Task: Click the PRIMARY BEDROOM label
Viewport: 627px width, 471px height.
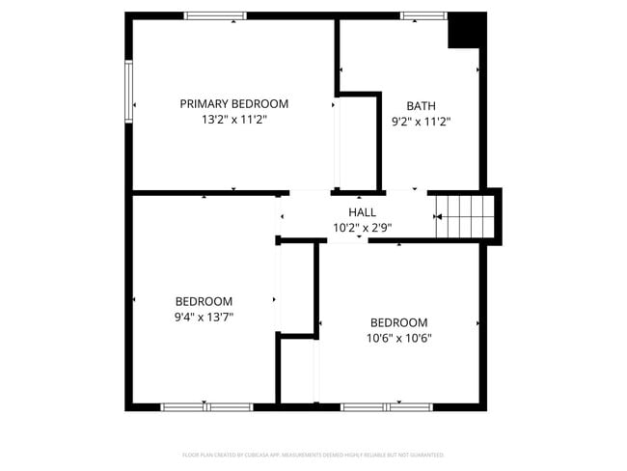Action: (233, 103)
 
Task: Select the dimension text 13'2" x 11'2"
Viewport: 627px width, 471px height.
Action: (233, 121)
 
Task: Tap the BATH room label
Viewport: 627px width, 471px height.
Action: (421, 106)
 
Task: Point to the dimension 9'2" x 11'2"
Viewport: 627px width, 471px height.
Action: (421, 123)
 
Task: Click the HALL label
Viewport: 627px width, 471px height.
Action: (362, 212)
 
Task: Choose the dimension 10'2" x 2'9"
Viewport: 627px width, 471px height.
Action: (362, 229)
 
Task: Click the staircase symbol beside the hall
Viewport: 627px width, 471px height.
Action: (465, 215)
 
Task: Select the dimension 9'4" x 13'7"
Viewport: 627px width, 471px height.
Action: (204, 317)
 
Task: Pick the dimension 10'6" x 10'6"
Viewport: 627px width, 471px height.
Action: (398, 339)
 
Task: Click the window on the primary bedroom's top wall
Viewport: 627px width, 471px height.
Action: (215, 15)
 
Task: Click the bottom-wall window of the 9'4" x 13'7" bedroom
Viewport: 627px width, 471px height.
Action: (205, 407)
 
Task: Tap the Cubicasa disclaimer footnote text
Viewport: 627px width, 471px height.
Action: (313, 455)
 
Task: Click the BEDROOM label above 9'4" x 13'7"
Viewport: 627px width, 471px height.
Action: (204, 300)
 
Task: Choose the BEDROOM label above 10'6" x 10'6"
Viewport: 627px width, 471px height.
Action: (398, 322)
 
